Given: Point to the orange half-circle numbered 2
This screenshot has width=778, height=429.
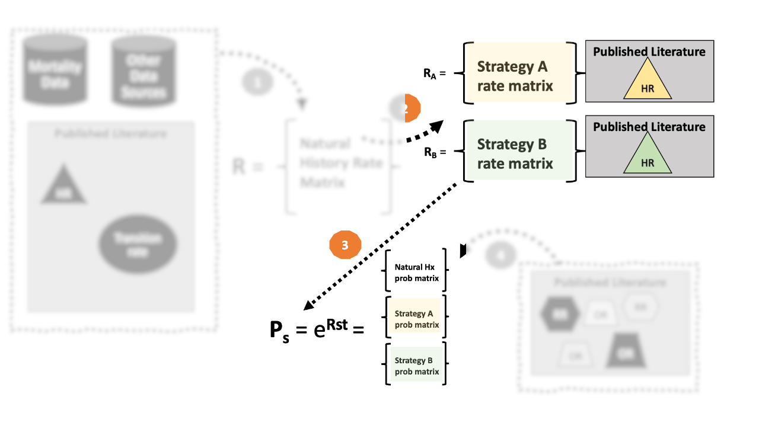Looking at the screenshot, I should (x=412, y=108).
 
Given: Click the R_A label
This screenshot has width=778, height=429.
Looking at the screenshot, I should (x=431, y=73).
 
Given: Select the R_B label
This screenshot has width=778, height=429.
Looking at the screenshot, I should (x=431, y=152).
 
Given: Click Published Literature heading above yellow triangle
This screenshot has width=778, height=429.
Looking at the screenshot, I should (x=649, y=52).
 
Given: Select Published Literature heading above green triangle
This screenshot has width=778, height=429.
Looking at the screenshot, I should (x=649, y=127).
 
